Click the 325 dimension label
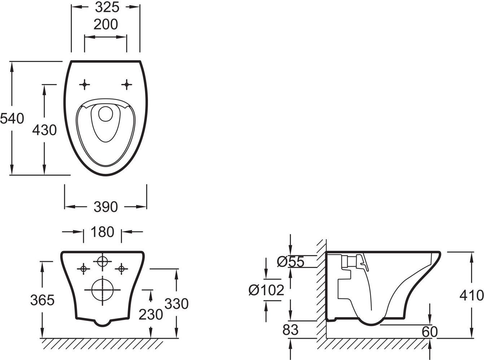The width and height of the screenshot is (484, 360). [x=107, y=8]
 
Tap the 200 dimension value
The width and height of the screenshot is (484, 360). [x=106, y=24]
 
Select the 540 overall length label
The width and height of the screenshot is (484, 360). [x=12, y=119]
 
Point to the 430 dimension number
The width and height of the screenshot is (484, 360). [x=44, y=130]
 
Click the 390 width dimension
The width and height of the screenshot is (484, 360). [x=106, y=207]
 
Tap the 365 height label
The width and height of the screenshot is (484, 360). [x=42, y=300]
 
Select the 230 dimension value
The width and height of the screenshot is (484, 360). [x=151, y=315]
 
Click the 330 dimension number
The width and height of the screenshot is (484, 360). [x=176, y=304]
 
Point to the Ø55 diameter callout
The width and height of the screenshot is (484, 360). [x=291, y=262]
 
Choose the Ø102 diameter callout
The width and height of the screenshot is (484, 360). [x=266, y=290]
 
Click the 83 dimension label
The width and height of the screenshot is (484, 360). [x=291, y=330]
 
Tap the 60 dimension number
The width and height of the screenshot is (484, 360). [x=430, y=332]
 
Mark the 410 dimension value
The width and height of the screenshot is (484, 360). [x=472, y=295]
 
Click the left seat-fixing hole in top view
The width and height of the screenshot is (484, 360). [x=84, y=84]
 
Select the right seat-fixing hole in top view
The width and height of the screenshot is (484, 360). [x=127, y=84]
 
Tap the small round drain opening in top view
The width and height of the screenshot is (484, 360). [x=106, y=114]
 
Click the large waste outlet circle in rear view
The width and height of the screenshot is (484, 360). [x=103, y=290]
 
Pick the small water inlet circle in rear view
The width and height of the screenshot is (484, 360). [x=103, y=261]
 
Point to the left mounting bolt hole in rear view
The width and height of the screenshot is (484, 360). [x=84, y=269]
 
